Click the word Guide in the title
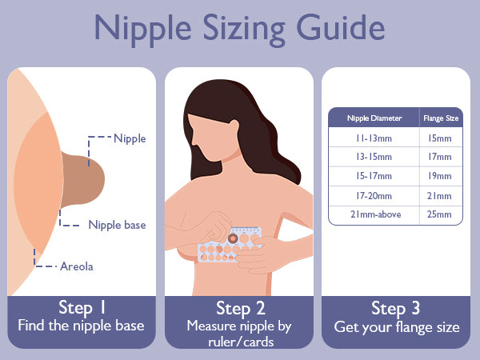click(x=341, y=28)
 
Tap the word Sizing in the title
click(x=244, y=30)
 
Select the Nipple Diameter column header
click(x=374, y=118)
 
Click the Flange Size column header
click(x=441, y=118)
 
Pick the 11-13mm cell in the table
click(x=374, y=138)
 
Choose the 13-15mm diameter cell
click(x=374, y=157)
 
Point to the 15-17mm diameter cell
click(x=374, y=176)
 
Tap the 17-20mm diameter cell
click(x=374, y=196)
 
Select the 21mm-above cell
click(x=376, y=214)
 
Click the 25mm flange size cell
click(x=439, y=214)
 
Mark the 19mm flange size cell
click(x=440, y=176)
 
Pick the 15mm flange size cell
click(x=440, y=138)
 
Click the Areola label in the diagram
click(x=77, y=266)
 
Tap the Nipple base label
click(x=117, y=225)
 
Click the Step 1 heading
click(x=82, y=308)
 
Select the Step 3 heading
click(x=395, y=308)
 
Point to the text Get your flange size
click(x=397, y=327)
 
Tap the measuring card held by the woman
click(x=230, y=244)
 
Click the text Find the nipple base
click(x=81, y=325)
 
